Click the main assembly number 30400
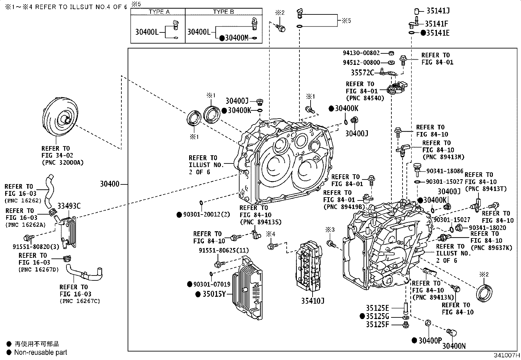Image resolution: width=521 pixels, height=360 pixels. tap(110, 184)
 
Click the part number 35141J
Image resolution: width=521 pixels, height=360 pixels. tap(438, 11)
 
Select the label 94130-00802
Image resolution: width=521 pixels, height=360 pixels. tap(361, 53)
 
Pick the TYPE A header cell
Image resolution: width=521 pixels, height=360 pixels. tap(159, 12)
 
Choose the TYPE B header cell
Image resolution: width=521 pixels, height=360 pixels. tap(224, 12)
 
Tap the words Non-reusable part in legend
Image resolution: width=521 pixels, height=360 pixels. tap(41, 352)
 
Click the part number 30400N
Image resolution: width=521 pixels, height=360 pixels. tap(454, 346)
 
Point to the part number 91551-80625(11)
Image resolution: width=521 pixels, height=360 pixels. tap(224, 250)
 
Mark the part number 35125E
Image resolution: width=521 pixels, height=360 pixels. tap(377, 308)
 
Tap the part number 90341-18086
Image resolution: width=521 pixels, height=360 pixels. tap(445, 171)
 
